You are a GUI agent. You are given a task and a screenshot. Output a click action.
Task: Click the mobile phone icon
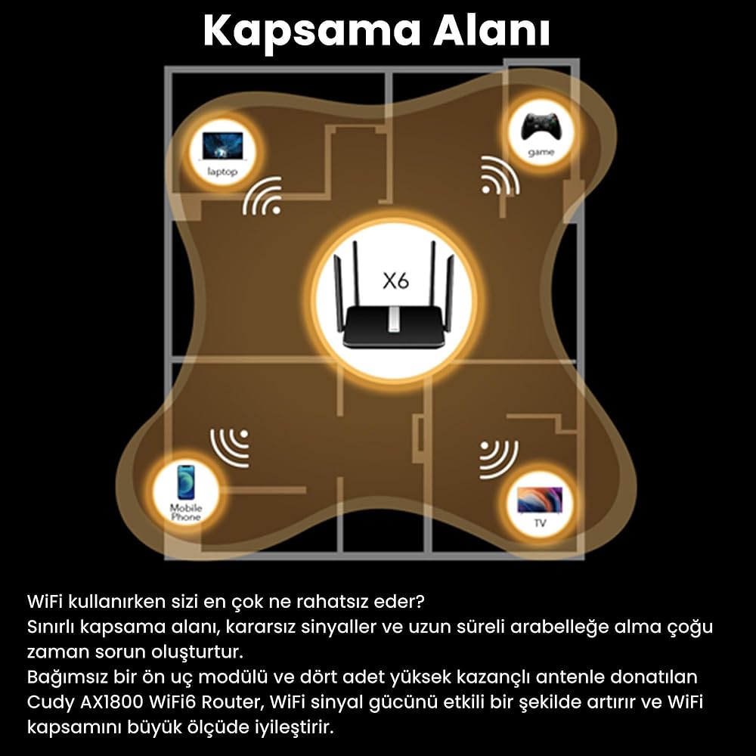point(186,482)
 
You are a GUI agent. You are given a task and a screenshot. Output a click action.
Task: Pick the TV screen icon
point(540,499)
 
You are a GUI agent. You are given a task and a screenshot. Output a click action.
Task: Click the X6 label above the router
point(395,281)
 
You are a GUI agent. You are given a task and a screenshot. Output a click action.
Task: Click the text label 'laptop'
point(222,172)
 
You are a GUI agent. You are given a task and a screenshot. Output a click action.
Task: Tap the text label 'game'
point(541,153)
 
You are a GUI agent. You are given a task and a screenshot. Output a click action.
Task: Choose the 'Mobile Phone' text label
point(186,513)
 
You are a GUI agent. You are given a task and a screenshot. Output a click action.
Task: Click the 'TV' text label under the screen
point(540,523)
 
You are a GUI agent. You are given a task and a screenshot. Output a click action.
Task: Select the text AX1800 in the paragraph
point(110,702)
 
